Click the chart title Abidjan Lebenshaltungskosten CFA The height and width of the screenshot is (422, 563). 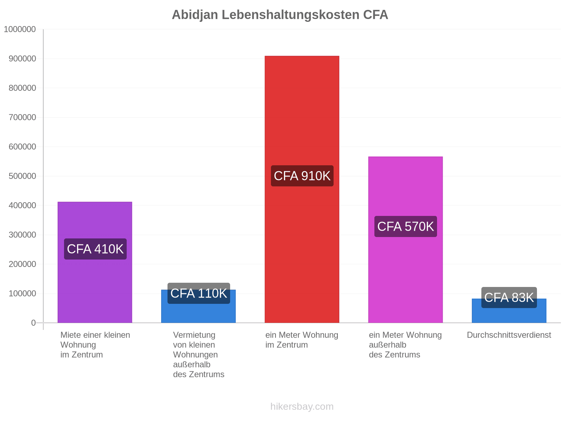click(280, 15)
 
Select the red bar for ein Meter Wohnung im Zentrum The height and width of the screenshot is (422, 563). click(302, 189)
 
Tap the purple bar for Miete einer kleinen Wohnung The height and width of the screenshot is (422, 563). click(95, 262)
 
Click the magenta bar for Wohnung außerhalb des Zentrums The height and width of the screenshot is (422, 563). click(405, 239)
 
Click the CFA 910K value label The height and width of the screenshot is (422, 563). click(302, 176)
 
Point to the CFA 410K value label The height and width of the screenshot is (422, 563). click(95, 249)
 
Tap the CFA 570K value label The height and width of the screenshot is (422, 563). click(405, 226)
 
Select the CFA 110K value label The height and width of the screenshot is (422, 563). click(198, 293)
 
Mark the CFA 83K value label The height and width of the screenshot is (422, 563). click(509, 297)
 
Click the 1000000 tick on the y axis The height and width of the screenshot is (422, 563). click(20, 29)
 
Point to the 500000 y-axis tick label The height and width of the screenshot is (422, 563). click(22, 176)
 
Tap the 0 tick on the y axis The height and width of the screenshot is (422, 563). click(33, 322)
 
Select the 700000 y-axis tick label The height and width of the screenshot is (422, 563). click(22, 117)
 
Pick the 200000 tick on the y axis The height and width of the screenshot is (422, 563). click(22, 264)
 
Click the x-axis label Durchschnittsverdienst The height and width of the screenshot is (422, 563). click(509, 335)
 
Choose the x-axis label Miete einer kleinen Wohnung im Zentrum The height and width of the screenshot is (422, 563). click(95, 345)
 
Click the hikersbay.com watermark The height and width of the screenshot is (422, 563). click(302, 407)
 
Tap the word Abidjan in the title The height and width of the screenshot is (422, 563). click(195, 15)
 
